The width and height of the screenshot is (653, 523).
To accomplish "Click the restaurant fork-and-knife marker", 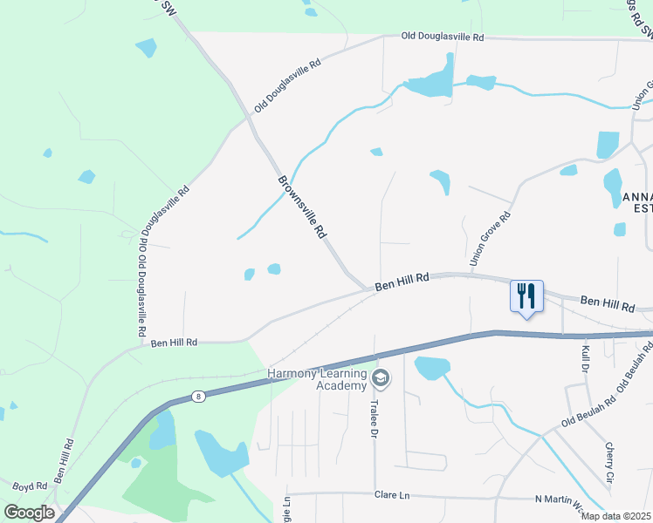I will pyautogui.click(x=526, y=296).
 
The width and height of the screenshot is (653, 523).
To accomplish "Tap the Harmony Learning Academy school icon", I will pyautogui.click(x=380, y=378).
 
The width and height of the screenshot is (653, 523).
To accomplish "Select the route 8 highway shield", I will pyautogui.click(x=199, y=397).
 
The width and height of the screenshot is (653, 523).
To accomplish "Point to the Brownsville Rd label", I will pyautogui.click(x=302, y=207).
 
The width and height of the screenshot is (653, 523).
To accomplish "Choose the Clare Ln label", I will pyautogui.click(x=392, y=495).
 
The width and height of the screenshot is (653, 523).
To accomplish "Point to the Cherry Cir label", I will pyautogui.click(x=609, y=464).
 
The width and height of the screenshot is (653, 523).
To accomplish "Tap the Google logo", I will pyautogui.click(x=29, y=513).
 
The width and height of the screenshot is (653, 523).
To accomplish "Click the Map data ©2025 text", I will pyautogui.click(x=615, y=516).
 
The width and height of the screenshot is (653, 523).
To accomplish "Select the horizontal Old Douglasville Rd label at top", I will pyautogui.click(x=442, y=37).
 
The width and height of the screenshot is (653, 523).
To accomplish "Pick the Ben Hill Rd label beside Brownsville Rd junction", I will pyautogui.click(x=402, y=282).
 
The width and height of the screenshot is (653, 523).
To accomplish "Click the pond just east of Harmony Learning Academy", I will pyautogui.click(x=432, y=368).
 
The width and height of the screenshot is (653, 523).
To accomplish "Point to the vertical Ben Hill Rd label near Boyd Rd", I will pyautogui.click(x=63, y=460).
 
